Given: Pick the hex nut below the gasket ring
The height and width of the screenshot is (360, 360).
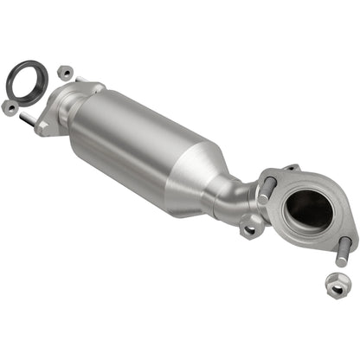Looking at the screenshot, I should click(x=10, y=106).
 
